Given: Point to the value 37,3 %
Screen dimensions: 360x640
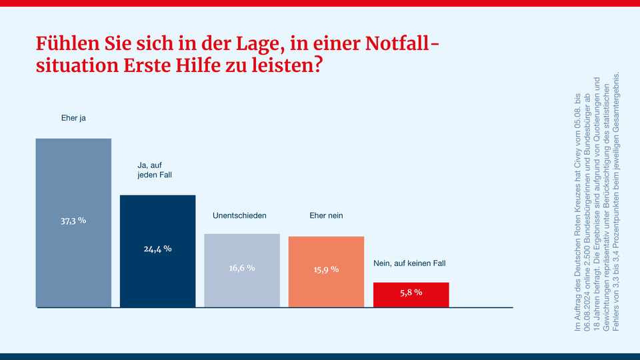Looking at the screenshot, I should [x=73, y=220].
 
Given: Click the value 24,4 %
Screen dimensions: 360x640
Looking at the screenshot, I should [x=157, y=249].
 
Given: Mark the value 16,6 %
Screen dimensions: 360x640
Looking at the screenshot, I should [x=242, y=268].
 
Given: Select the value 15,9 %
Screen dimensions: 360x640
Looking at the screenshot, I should [x=326, y=269].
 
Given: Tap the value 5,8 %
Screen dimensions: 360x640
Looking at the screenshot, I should [x=411, y=293].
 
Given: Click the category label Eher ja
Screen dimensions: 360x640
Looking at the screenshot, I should [x=73, y=118].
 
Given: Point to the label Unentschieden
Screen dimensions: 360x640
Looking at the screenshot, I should [x=239, y=216].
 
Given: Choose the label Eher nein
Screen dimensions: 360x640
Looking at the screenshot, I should [x=326, y=216].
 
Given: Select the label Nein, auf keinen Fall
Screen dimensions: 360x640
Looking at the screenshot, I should [x=409, y=263].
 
